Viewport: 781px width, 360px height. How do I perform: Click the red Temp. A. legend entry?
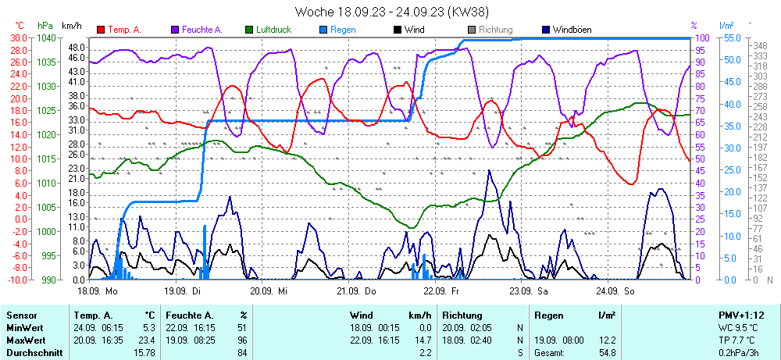(x=123, y=30)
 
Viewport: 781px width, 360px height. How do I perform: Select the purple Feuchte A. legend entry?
(x=201, y=30)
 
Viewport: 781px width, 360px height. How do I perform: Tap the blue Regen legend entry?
(x=342, y=30)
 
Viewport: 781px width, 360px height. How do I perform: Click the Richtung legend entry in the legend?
(x=495, y=30)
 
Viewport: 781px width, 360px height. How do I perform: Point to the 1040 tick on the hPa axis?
(x=46, y=37)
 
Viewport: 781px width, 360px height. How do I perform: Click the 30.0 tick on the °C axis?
(x=17, y=37)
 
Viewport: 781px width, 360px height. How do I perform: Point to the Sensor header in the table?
(x=21, y=315)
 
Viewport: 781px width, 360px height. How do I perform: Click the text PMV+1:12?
(x=740, y=315)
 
